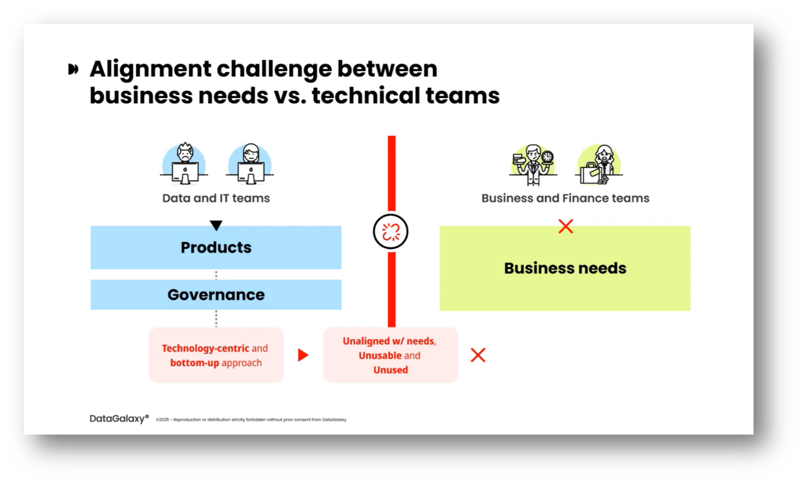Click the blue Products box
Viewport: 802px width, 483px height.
click(216, 247)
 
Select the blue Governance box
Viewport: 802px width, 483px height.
click(216, 294)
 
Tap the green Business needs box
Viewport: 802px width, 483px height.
click(565, 268)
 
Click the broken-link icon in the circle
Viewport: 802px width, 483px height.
click(391, 232)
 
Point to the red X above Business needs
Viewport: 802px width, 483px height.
click(565, 226)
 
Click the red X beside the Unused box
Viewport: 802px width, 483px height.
click(478, 355)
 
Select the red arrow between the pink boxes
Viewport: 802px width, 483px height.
click(303, 355)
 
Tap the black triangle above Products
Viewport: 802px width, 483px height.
click(216, 225)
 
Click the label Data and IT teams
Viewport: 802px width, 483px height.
click(216, 198)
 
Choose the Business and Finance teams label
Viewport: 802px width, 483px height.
click(565, 198)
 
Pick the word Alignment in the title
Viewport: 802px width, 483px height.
click(151, 69)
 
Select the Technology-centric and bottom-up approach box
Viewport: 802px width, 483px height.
click(216, 355)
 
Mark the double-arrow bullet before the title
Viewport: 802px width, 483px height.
click(73, 69)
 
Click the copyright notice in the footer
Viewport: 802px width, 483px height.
click(251, 420)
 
